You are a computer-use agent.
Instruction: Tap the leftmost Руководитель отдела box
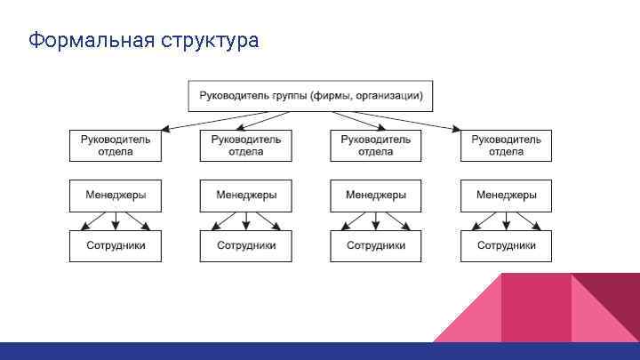pos(116,145)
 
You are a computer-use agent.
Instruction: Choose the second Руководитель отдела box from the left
pos(245,145)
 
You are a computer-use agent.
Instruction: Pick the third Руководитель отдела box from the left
pos(376,145)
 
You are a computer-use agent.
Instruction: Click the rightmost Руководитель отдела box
pos(506,145)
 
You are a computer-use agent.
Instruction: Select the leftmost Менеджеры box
pos(116,195)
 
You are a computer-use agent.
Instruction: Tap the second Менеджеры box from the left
pos(245,195)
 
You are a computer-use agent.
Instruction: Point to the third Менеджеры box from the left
pos(376,195)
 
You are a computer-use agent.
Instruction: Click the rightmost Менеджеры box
pos(506,195)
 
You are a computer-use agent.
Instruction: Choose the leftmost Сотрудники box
pos(116,245)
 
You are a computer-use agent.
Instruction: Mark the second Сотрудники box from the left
pos(245,245)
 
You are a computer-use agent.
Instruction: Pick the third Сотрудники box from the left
pos(376,245)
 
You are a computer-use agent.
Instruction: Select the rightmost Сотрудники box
pos(506,245)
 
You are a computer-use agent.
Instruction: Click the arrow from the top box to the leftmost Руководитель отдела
pos(151,120)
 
